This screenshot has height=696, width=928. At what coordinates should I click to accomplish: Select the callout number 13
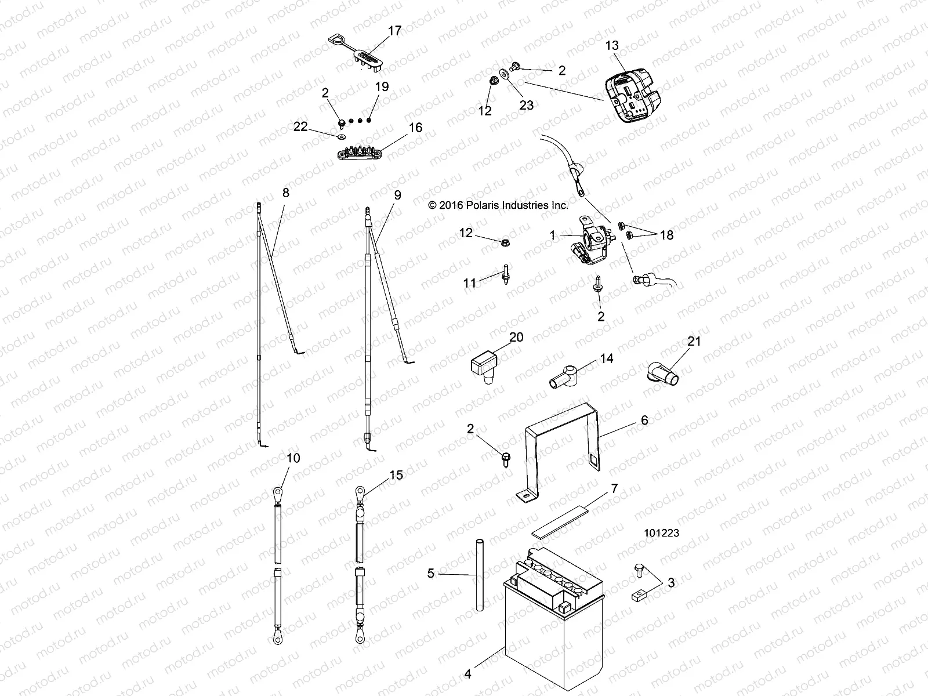pos(612,45)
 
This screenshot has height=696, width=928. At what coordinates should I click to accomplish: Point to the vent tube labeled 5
pos(480,574)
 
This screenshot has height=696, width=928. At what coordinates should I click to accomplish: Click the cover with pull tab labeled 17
pos(362,59)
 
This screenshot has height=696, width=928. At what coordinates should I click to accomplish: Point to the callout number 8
pos(285,193)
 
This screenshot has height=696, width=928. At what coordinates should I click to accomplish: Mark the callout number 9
pos(397,195)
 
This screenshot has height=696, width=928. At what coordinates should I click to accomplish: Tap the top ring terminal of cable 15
pos(360,492)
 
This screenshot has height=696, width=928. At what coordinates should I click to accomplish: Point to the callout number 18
pos(667,235)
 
